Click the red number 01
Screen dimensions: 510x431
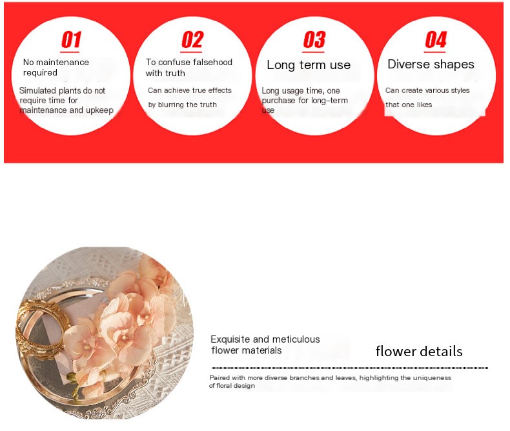(71, 39)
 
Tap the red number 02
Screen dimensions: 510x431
(192, 39)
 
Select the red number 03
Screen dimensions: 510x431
(314, 39)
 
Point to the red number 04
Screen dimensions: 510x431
(436, 39)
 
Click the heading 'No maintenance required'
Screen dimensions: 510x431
(56, 67)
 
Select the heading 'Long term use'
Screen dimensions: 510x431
(309, 65)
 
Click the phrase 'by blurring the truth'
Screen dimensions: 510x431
(182, 105)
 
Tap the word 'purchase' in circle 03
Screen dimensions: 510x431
(279, 101)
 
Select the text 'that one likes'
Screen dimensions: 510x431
(409, 105)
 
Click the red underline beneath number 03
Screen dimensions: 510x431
(314, 52)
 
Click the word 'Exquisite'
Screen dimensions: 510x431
(230, 339)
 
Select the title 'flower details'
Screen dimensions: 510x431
(419, 352)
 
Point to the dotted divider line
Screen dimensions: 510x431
(350, 368)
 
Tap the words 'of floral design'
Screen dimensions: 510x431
(232, 386)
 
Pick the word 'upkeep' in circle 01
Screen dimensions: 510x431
(99, 110)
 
